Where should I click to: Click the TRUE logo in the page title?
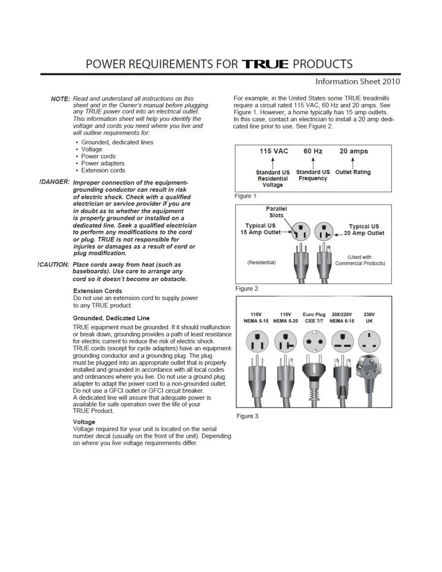265,64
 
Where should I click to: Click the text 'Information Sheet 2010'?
357,82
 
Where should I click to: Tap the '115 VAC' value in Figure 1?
274,151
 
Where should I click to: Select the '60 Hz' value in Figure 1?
313,151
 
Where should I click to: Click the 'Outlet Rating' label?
353,172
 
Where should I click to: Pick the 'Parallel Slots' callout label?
276,212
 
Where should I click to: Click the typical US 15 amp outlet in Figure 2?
301,231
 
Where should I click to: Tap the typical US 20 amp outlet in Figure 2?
324,231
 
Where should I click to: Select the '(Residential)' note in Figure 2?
261,263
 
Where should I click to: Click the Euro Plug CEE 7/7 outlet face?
314,342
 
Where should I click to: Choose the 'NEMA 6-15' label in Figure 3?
342,321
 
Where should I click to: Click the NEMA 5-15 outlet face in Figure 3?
257,342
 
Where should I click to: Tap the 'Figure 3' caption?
247,416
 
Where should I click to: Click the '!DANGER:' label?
54,182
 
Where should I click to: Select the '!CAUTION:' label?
53,265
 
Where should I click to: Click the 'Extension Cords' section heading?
97,291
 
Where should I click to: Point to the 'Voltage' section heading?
84,422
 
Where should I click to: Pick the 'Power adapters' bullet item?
103,163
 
